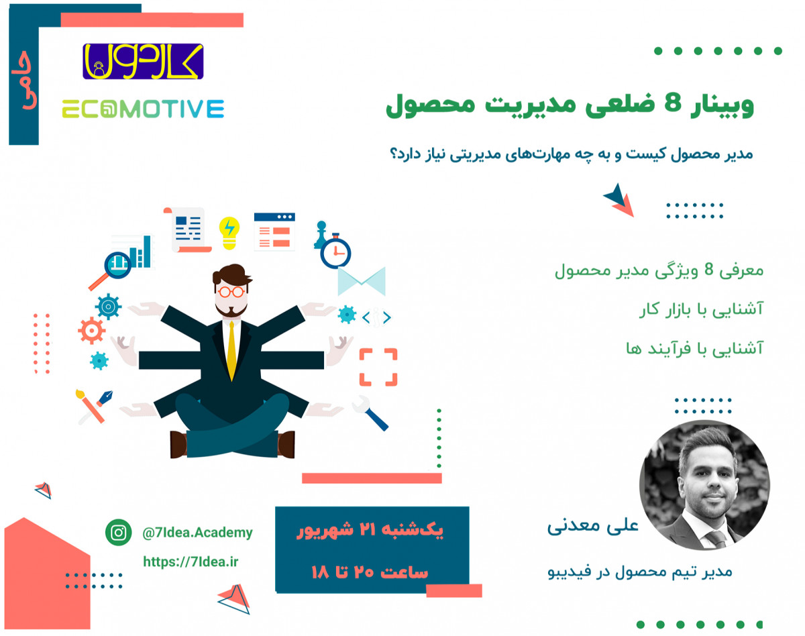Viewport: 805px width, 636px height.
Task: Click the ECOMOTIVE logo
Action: pos(143,109)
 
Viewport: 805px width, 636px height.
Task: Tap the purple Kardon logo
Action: pos(143,61)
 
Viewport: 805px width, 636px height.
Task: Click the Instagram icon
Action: pos(119,533)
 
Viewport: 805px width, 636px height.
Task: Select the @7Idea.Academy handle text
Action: pos(198,533)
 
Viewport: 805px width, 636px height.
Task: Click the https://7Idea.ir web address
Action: pos(190,562)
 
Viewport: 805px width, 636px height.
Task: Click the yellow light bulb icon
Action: pos(230,231)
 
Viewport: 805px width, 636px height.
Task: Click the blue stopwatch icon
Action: pos(335,253)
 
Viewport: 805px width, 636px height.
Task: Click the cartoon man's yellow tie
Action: pos(231,349)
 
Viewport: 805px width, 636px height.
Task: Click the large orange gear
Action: pos(90,331)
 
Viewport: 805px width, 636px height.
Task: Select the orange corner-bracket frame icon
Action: pos(378,367)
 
